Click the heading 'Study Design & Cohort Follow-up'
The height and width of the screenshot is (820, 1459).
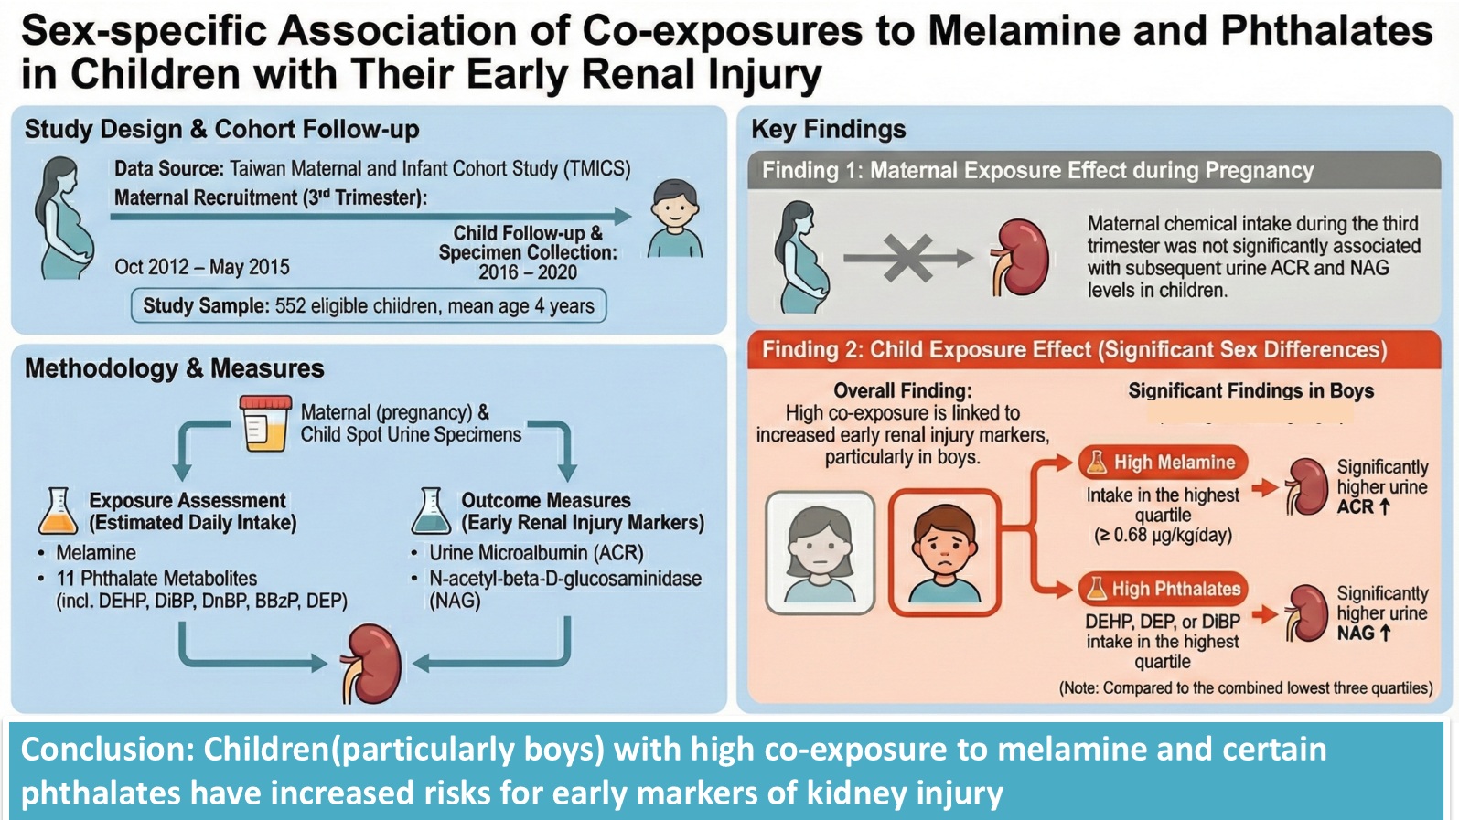(x=221, y=130)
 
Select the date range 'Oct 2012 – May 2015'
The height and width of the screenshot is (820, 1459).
(x=201, y=267)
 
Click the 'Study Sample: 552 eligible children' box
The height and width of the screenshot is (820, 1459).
(x=368, y=305)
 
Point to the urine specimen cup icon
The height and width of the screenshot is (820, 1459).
(x=265, y=423)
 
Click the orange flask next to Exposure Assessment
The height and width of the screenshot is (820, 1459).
(x=58, y=511)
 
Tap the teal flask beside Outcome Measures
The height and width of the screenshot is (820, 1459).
(x=431, y=511)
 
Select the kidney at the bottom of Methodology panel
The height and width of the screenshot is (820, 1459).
(x=371, y=663)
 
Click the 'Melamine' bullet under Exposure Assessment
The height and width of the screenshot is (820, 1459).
(x=96, y=553)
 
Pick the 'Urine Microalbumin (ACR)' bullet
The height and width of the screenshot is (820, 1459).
(x=536, y=553)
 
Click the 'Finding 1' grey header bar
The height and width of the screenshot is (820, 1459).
(x=1092, y=171)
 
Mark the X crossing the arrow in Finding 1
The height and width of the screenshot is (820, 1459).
(x=907, y=259)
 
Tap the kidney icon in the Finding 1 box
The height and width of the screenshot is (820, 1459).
(x=1021, y=258)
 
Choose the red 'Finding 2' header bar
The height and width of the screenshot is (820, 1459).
(x=1092, y=350)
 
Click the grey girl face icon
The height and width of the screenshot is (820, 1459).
(x=820, y=551)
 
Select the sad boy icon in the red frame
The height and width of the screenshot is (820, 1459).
(x=944, y=551)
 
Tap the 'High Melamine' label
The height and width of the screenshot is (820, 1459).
(x=1163, y=463)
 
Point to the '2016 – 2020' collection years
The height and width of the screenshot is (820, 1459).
(x=528, y=272)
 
